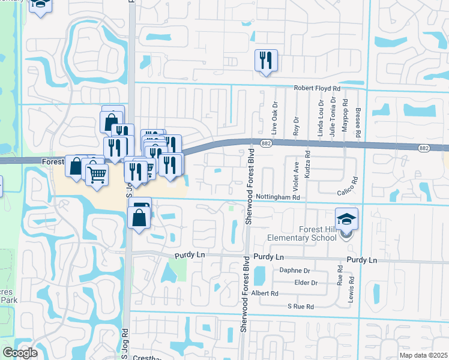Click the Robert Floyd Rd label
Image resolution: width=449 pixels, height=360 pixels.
pyautogui.click(x=317, y=88)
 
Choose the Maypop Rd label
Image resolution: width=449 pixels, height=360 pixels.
pyautogui.click(x=345, y=121)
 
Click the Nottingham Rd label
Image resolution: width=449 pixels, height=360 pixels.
pyautogui.click(x=277, y=197)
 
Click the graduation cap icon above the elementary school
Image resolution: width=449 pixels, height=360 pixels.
pyautogui.click(x=346, y=218)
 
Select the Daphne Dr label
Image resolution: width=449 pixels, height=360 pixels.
pyautogui.click(x=294, y=271)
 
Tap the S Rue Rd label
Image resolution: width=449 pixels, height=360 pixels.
pyautogui.click(x=300, y=307)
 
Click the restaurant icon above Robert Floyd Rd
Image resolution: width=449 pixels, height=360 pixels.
pyautogui.click(x=265, y=60)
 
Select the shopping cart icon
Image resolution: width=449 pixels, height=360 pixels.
pyautogui.click(x=96, y=175)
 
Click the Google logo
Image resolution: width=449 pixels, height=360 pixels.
pyautogui.click(x=20, y=353)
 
